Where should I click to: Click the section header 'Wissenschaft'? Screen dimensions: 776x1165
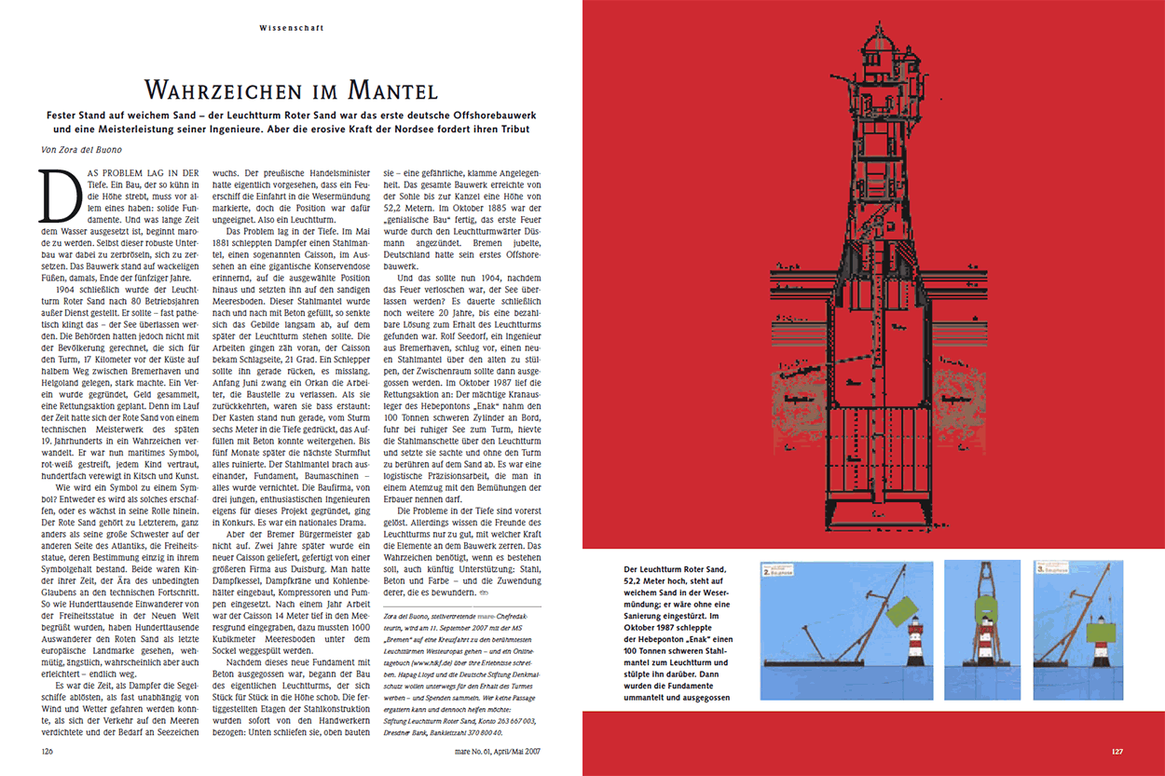point(292,28)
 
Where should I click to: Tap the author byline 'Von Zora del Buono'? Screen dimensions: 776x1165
point(82,150)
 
